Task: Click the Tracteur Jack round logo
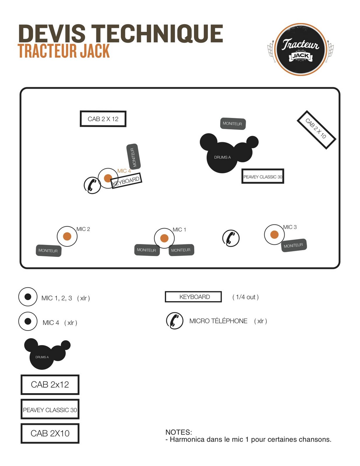click(301, 50)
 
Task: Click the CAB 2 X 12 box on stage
click(103, 119)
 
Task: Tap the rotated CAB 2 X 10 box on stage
click(316, 130)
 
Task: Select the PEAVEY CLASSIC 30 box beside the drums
click(263, 176)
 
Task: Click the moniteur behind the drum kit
click(233, 123)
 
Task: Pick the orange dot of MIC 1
click(164, 238)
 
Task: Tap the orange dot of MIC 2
click(67, 236)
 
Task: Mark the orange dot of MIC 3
click(274, 234)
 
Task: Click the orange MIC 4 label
click(124, 171)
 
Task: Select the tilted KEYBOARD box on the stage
click(126, 181)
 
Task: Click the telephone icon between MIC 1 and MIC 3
click(231, 238)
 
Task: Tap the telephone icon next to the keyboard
click(92, 185)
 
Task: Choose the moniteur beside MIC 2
click(48, 250)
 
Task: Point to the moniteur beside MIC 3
click(294, 246)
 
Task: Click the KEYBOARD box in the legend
click(193, 297)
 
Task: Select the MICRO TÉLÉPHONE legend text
click(218, 321)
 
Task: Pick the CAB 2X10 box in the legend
click(50, 433)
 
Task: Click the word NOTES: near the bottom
click(179, 432)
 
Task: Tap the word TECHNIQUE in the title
click(157, 34)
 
